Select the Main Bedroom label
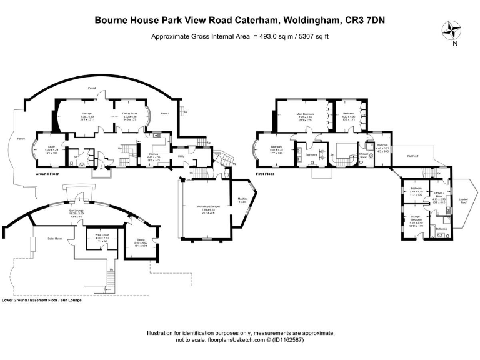point(305,114)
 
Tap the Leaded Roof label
point(463,201)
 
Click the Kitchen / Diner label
point(439,196)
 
